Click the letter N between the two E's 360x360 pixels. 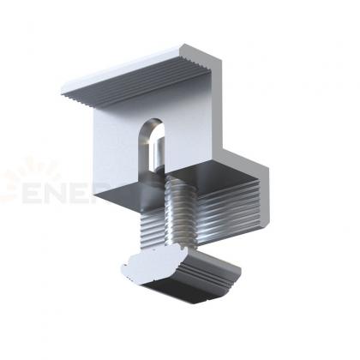(60, 188)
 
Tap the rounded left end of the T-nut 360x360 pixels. (125, 267)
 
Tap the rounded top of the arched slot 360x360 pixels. (153, 123)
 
